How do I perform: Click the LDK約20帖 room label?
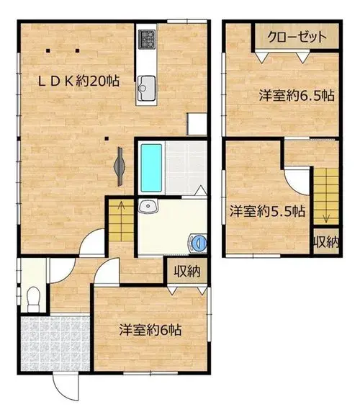79,81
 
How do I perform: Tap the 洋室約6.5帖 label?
297,96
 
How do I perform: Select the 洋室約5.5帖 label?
267,212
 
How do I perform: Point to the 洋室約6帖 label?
150,330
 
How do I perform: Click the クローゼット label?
297,37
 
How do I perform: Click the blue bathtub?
151,168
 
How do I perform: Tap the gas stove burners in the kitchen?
147,40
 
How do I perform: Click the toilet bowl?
33,298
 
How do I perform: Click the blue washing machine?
198,243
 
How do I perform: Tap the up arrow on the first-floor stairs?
121,213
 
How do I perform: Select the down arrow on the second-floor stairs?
326,210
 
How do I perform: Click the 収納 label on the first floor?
187,272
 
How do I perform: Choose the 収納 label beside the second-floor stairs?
326,242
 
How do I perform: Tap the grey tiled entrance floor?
55,344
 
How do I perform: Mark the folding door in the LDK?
120,166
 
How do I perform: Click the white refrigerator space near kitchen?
197,124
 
